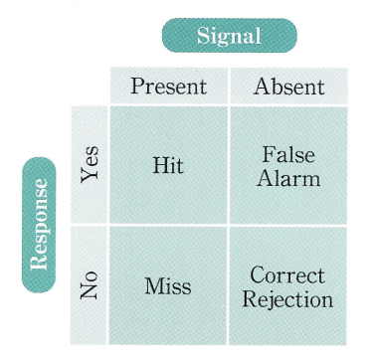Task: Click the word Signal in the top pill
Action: pos(229,36)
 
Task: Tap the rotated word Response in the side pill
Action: pos(39,225)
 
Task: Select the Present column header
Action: pos(169,87)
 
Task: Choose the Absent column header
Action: pos(288,87)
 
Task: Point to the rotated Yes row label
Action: pos(90,164)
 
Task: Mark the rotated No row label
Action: pos(90,285)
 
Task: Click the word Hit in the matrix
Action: pos(168,165)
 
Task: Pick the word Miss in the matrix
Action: pos(168,286)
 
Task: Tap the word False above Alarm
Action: pos(288,154)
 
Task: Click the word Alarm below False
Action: pos(288,178)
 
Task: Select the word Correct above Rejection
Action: pos(287,275)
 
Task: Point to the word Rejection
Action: pos(287,299)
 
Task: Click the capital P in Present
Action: pos(137,87)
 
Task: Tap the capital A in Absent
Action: pos(262,87)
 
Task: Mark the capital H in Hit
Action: pos(161,165)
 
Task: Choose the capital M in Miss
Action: pos(155,286)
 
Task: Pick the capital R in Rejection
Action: pos(251,299)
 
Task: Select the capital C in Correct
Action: pos(258,275)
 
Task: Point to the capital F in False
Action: pos(269,154)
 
